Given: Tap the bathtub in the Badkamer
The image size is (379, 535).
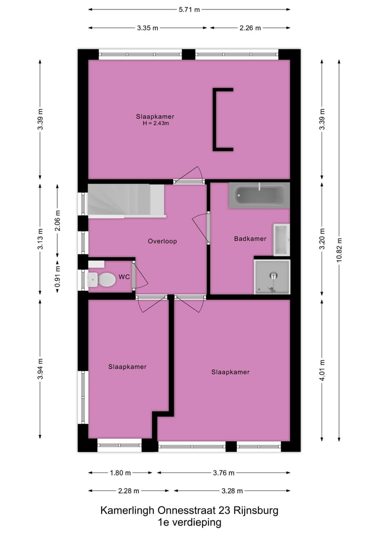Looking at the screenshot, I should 259,196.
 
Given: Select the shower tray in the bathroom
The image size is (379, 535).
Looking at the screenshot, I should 272,277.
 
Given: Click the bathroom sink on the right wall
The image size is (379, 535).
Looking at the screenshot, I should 281,239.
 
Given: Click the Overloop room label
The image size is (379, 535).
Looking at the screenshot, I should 162,241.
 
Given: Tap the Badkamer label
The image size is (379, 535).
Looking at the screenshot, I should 250,239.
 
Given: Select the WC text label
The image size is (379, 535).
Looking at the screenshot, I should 125,276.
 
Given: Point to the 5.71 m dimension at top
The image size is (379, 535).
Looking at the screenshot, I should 189,9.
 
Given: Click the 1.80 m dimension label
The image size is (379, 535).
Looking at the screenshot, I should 120,472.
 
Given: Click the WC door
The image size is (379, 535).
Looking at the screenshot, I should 134,276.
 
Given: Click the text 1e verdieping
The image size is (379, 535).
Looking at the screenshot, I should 189,522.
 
